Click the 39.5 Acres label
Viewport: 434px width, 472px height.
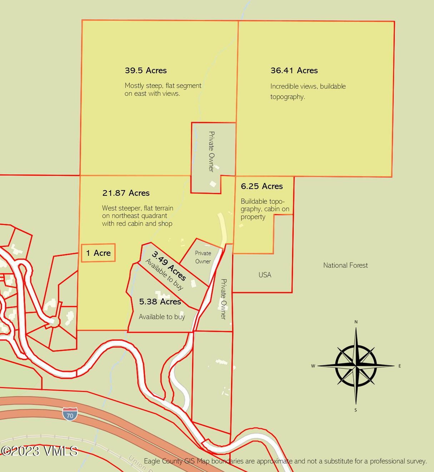pyautogui.click(x=146, y=70)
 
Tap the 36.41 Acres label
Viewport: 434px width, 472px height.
pyautogui.click(x=294, y=70)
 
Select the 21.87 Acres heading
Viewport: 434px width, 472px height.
pyautogui.click(x=126, y=193)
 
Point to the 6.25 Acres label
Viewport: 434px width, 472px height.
pyautogui.click(x=262, y=186)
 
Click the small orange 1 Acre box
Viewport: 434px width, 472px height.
pyautogui.click(x=98, y=253)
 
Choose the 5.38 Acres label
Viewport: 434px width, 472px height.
pyautogui.click(x=160, y=302)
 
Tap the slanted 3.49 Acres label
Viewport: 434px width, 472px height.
pyautogui.click(x=169, y=266)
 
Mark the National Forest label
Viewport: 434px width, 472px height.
pyautogui.click(x=345, y=265)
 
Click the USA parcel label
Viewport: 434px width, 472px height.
pyautogui.click(x=265, y=275)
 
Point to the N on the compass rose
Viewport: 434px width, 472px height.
pyautogui.click(x=356, y=322)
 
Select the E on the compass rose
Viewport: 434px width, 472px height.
pyautogui.click(x=400, y=366)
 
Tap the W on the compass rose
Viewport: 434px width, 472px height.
pyautogui.click(x=313, y=366)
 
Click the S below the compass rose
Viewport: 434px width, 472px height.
pyautogui.click(x=355, y=410)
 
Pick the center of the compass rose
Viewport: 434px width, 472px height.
pyautogui.click(x=356, y=366)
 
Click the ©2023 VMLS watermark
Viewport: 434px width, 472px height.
pyautogui.click(x=39, y=451)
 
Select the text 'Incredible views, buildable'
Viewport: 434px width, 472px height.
pyautogui.click(x=308, y=86)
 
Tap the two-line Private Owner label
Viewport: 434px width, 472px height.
pyautogui.click(x=203, y=257)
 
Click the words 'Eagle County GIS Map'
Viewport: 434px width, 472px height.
pyautogui.click(x=176, y=461)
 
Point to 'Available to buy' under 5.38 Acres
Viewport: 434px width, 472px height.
pyautogui.click(x=162, y=317)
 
